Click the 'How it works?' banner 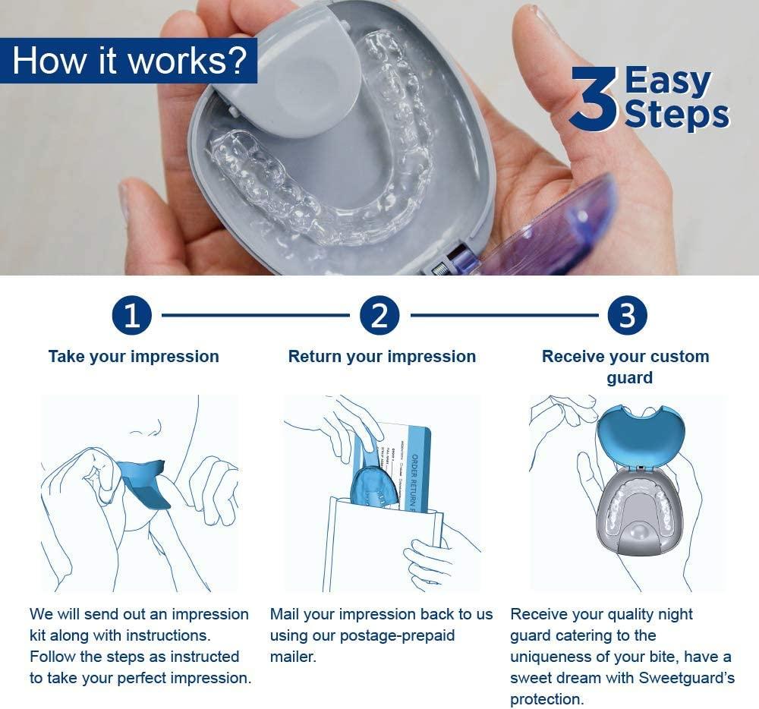tap(129, 60)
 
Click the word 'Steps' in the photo tap(676, 115)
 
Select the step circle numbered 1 tap(132, 316)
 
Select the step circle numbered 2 tap(379, 316)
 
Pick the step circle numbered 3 tap(627, 316)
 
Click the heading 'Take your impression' tap(134, 357)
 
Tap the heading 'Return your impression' tap(382, 357)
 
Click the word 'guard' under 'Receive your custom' tap(629, 377)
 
